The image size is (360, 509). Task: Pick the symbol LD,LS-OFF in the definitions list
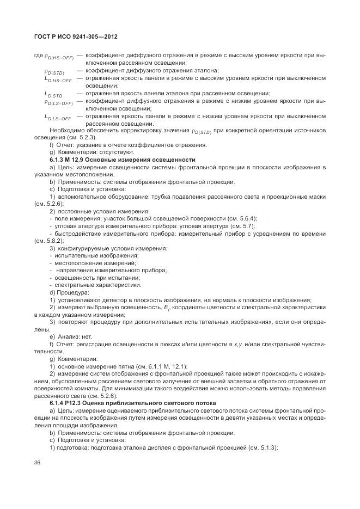point(58,116)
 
